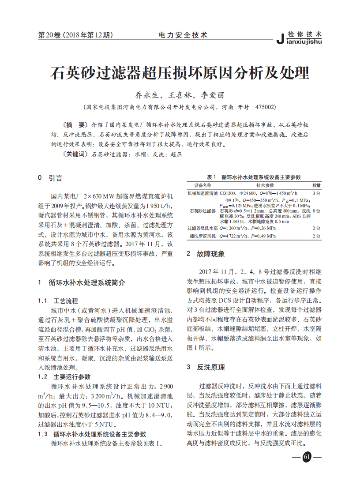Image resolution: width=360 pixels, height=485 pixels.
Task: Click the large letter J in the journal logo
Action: tap(281, 38)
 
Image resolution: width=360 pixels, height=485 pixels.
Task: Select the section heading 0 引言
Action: tap(50, 178)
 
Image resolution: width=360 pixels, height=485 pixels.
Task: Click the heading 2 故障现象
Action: tap(206, 254)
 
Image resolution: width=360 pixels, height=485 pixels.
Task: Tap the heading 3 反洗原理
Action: tap(206, 367)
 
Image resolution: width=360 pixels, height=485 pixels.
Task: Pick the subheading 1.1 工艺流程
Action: tap(58, 301)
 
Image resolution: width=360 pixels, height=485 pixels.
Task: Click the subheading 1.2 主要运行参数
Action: tap(64, 376)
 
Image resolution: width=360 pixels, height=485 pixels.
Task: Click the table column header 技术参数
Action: tap(265, 185)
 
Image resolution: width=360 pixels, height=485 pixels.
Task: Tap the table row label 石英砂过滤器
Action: tap(202, 211)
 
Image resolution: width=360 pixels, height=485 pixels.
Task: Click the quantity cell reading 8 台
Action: tap(316, 211)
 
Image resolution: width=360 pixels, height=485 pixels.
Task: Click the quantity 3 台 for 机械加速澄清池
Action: tap(316, 193)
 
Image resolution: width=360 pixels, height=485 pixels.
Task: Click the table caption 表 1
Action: tap(213, 177)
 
